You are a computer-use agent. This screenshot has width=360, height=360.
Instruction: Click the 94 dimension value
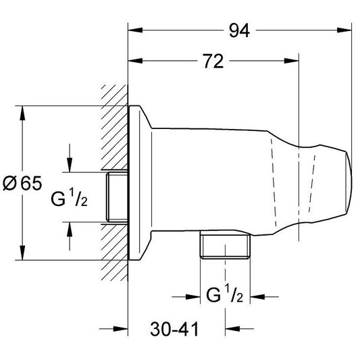[239, 30]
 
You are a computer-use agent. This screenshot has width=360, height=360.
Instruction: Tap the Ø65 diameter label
[22, 183]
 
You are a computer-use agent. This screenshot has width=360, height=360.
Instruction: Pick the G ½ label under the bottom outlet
[224, 296]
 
